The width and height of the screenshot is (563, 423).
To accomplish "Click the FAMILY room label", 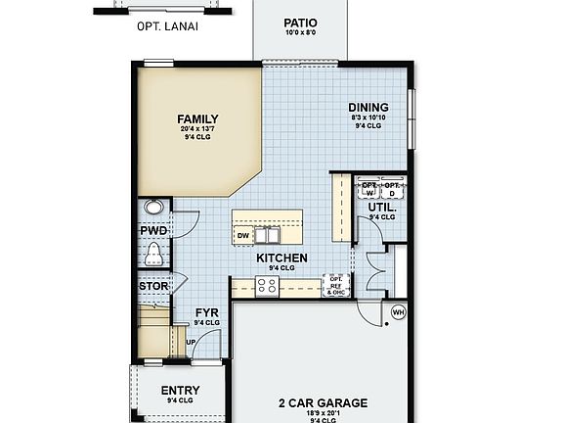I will (x=197, y=119).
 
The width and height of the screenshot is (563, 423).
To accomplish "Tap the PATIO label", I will (x=300, y=23).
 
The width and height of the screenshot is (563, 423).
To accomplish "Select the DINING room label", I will (x=368, y=108).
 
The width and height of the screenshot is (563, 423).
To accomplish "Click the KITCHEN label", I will (x=282, y=258).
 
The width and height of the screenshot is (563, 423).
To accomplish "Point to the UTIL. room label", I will (x=381, y=208).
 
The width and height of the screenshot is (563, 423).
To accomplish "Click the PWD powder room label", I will (x=153, y=231).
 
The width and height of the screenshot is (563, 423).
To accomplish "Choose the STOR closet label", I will (x=152, y=287).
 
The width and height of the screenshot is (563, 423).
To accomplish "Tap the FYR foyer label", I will (x=205, y=313).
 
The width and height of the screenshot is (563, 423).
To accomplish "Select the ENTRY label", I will (x=180, y=391).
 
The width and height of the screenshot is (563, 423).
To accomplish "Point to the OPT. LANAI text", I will (x=167, y=26).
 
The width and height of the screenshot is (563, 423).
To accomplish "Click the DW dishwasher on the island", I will (x=242, y=235).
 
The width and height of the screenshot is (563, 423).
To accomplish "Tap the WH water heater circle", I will (x=398, y=312).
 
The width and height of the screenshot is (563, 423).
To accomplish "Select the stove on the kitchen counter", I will (x=266, y=285).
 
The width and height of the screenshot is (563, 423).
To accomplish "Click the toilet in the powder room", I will (x=153, y=256).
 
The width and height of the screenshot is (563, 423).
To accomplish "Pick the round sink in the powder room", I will (x=153, y=208).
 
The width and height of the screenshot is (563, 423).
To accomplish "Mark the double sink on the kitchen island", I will (x=268, y=235).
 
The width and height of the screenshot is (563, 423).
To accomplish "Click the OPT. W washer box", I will (x=369, y=188).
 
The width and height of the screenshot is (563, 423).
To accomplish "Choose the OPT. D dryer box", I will (x=393, y=188).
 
